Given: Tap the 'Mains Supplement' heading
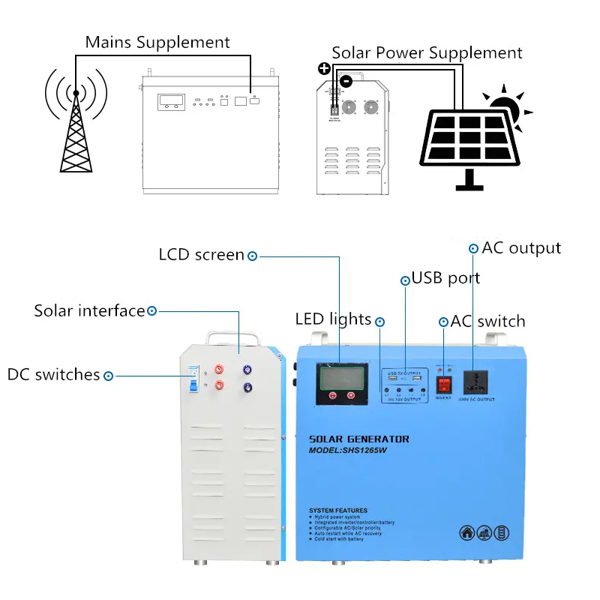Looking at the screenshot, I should coord(157,42).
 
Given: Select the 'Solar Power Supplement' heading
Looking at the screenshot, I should coord(427,53).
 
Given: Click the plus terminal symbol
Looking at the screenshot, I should coord(324,69).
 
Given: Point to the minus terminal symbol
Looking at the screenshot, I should coord(345,80).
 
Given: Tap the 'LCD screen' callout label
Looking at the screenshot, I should coord(201,255).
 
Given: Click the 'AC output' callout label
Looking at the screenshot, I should coord(521,248).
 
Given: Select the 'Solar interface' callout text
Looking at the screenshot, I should coord(88,310).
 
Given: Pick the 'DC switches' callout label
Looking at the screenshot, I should coord(53,374).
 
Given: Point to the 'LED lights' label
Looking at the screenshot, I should coord(333,320).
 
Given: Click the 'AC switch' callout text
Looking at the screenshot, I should coord(487,322).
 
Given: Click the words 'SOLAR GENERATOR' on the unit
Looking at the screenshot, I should coord(359,439).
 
